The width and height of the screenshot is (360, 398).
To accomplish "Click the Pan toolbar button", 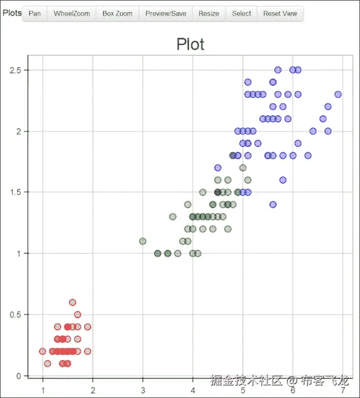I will click(35, 13).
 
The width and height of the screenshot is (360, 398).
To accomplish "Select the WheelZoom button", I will click(71, 13).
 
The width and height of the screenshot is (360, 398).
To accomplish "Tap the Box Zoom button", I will click(117, 13).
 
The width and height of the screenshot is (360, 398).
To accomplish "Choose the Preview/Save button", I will click(166, 13).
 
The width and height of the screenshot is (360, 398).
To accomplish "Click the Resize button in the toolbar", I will click(209, 13).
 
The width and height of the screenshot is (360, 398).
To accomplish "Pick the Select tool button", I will click(241, 13).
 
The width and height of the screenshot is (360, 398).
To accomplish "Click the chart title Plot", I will click(190, 44).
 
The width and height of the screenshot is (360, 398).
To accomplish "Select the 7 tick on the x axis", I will click(343, 390).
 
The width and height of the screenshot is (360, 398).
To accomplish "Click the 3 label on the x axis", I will click(143, 390).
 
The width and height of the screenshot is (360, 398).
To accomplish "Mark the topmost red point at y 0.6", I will click(73, 303).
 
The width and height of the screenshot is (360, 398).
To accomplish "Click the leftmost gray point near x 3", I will click(143, 241).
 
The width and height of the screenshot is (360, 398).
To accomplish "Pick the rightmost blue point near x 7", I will click(338, 94).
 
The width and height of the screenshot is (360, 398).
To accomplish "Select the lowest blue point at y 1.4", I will click(273, 205).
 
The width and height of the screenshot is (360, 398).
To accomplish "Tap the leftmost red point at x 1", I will click(43, 351).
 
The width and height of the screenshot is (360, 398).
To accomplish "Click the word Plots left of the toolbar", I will click(11, 13).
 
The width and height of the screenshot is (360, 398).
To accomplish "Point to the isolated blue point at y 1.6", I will click(283, 180).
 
